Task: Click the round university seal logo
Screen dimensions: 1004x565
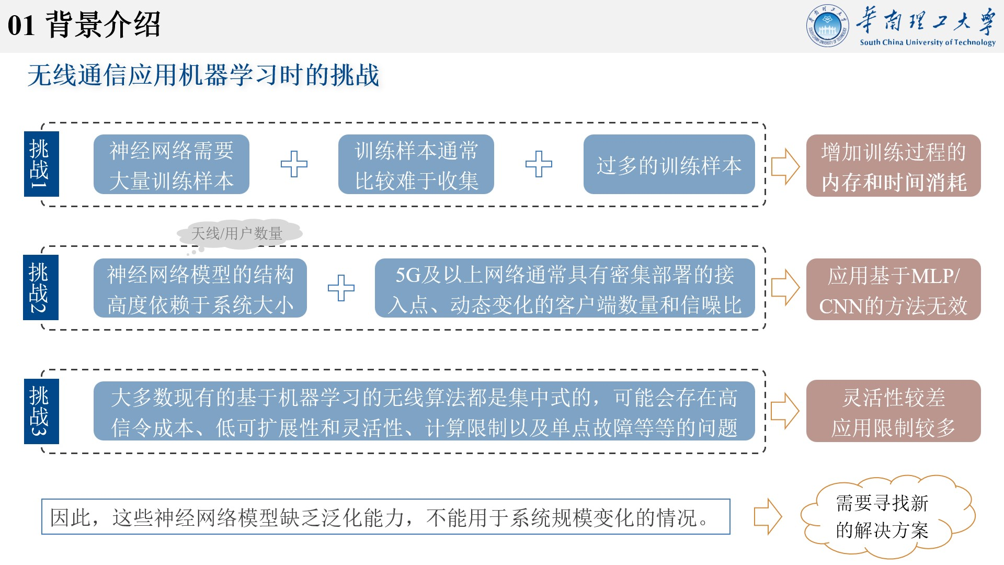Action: coord(827,26)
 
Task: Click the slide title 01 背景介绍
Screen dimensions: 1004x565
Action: coord(84,25)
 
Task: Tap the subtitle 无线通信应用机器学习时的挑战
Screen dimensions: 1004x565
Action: coord(203,75)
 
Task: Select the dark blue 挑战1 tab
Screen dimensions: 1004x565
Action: coord(41,164)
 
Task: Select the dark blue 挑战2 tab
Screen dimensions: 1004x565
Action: coord(41,287)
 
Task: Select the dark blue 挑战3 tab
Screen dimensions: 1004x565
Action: coord(41,411)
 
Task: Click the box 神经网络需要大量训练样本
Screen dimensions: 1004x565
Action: coord(172,165)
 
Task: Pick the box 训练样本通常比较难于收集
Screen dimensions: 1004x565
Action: coord(416,165)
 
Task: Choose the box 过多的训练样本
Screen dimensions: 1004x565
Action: coord(669,165)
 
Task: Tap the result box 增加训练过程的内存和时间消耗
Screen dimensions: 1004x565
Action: coord(893,166)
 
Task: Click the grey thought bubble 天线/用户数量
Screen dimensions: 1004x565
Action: coord(238,233)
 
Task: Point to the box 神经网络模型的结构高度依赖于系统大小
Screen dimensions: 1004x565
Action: coord(200,288)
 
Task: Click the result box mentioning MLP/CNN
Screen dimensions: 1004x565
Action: coord(893,289)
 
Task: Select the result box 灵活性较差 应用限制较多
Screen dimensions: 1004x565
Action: coord(893,411)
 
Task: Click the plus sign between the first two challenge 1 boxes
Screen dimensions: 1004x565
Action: coord(294,164)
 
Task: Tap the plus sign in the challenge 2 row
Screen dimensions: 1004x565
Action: coord(341,288)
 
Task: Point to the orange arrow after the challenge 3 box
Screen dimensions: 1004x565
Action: coord(785,411)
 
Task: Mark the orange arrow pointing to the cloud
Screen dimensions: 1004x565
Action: coord(768,517)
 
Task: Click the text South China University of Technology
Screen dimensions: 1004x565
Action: coord(928,43)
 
